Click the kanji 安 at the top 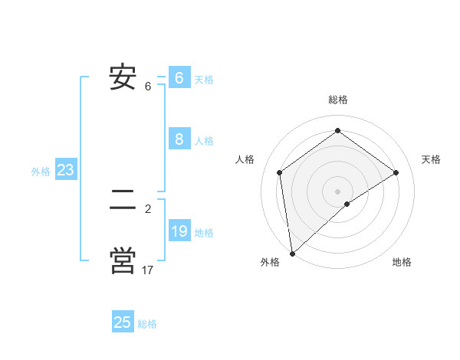(123, 77)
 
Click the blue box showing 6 (179, 78)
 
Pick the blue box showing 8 (179, 139)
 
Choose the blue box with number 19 (179, 231)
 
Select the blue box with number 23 (65, 170)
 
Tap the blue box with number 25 (123, 322)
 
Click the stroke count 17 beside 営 (147, 270)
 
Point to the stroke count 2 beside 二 (148, 208)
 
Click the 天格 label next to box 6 (204, 80)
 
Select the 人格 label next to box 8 (204, 141)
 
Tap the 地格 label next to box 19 (204, 233)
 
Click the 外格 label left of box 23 (41, 172)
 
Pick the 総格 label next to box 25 (147, 324)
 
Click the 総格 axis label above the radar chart (337, 100)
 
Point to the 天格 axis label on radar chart (432, 159)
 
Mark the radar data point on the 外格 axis (291, 254)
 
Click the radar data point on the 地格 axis (347, 204)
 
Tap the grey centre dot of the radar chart (337, 191)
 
